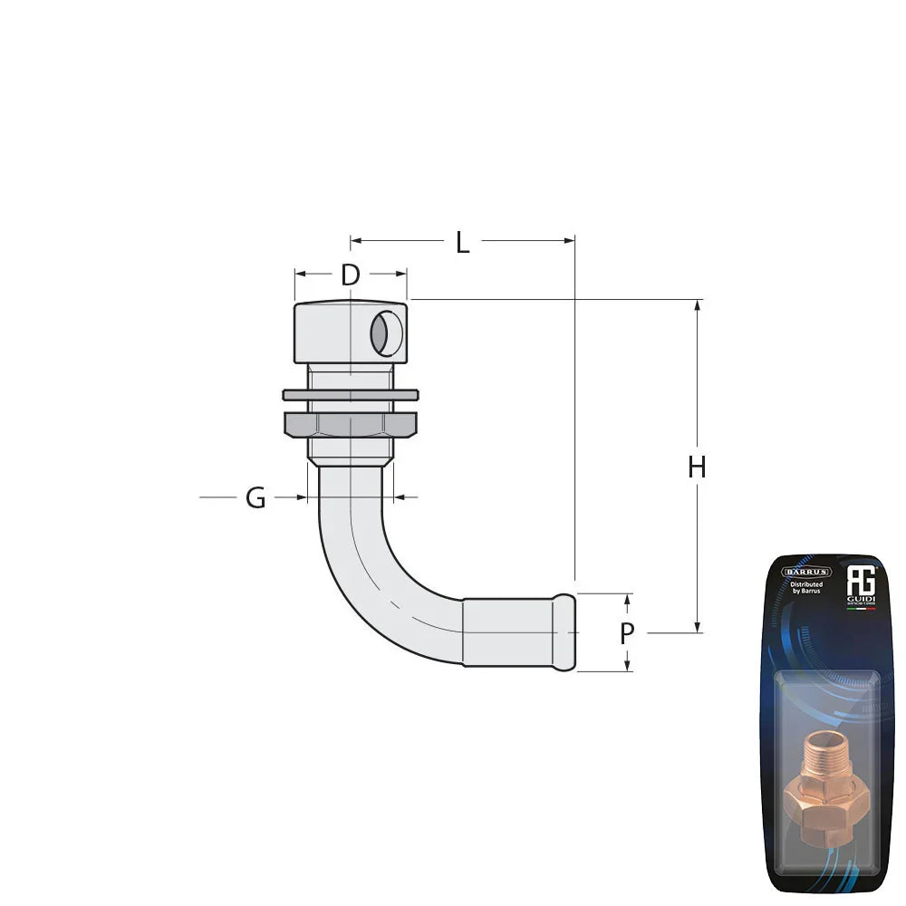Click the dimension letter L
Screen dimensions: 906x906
(x=462, y=243)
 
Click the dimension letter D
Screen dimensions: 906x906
(x=351, y=275)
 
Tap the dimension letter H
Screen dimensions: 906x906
(x=696, y=467)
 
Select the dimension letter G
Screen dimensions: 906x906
(x=256, y=497)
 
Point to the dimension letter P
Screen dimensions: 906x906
(x=627, y=634)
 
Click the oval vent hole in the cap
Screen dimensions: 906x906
(x=384, y=333)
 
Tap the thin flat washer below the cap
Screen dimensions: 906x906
(x=351, y=395)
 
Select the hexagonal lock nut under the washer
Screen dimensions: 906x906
(x=351, y=424)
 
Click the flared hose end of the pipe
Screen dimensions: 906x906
(x=564, y=632)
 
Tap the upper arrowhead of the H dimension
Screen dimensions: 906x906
(x=698, y=306)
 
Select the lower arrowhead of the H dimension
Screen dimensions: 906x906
(x=698, y=626)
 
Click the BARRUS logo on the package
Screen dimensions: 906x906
(x=806, y=572)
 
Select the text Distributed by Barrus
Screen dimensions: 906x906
(x=806, y=589)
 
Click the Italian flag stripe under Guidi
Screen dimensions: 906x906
(x=860, y=609)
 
